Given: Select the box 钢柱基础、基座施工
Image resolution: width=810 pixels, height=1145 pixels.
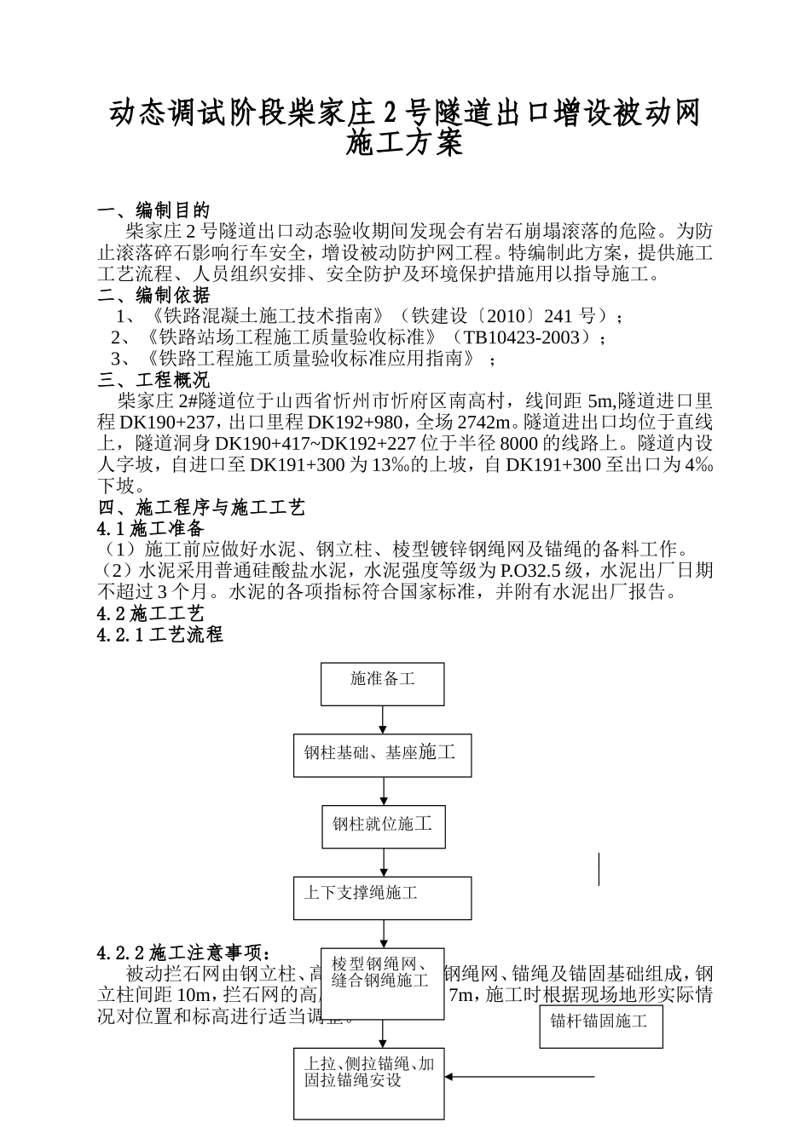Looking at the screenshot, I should click(382, 756).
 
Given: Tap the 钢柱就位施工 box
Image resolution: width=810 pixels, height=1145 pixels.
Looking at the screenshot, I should click(382, 826).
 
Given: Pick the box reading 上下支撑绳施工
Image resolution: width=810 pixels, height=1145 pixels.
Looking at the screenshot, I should click(382, 898).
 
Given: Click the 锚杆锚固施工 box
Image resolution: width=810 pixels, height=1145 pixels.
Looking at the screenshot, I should click(600, 1026).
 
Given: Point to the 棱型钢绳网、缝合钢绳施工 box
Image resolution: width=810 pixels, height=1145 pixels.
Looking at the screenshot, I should click(382, 983).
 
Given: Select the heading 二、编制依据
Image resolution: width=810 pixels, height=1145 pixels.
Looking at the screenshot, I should click(153, 296).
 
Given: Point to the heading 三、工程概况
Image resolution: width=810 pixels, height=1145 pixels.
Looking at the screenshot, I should click(153, 380).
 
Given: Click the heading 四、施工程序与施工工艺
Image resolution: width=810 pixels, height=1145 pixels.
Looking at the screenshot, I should click(201, 508).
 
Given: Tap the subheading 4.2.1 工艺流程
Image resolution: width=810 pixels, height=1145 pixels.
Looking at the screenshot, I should click(160, 635).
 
